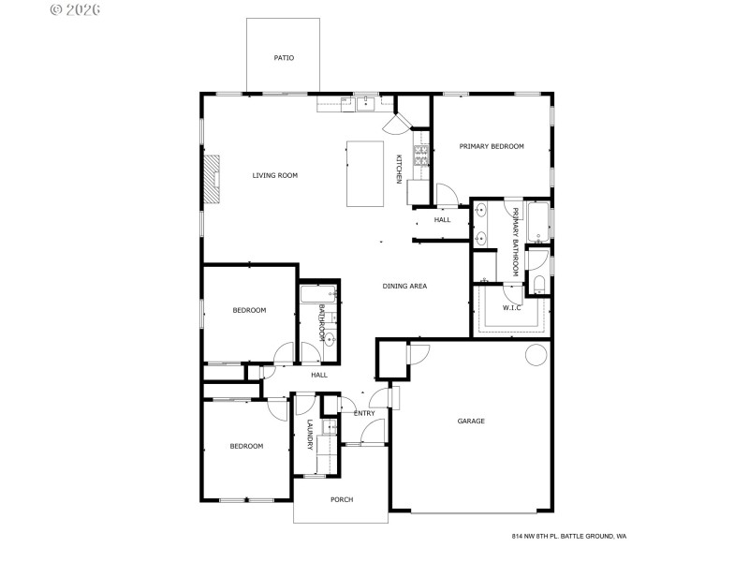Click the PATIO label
pos(284,58)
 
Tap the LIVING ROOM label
pos(275,175)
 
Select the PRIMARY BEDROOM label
pos(492,146)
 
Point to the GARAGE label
pos(471,421)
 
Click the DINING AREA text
pos(404,286)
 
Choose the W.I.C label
pos(511,307)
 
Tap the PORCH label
pos(342,499)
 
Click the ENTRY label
pos(364,413)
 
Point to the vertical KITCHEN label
pos(399,168)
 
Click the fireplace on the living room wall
pos(214,178)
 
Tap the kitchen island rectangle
pos(366,173)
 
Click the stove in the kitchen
pos(421,155)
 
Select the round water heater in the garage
pos(536,355)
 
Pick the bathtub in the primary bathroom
pos(537,222)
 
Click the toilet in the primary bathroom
pos(539,284)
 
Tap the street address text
pos(569,536)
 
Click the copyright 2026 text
pos(76,9)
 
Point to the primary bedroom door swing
pos(446,195)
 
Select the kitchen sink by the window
pos(365,103)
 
